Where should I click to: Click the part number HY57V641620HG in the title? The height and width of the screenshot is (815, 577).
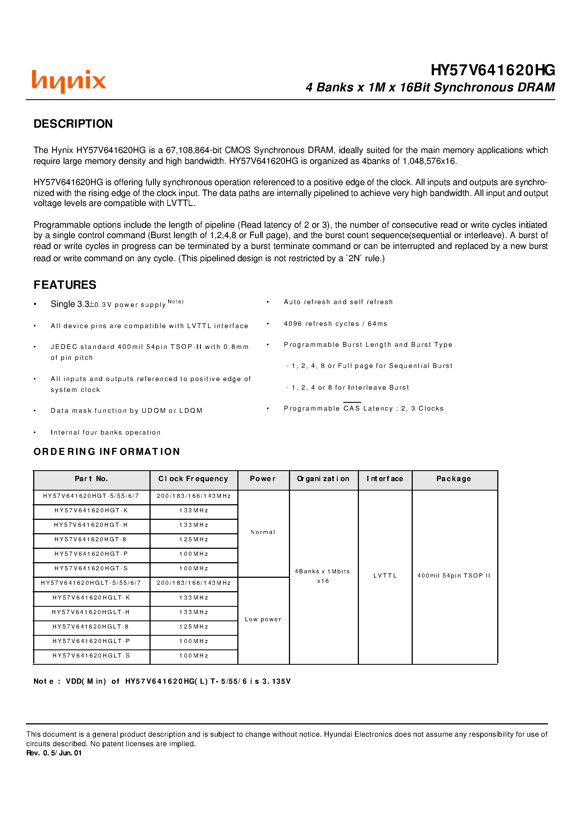(x=492, y=70)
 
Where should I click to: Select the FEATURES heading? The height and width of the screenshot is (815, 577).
(x=65, y=285)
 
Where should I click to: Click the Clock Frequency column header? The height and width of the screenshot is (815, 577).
(x=193, y=479)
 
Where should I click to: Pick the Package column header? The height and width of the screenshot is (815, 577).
(x=454, y=479)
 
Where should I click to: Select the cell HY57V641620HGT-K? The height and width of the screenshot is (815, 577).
(x=91, y=510)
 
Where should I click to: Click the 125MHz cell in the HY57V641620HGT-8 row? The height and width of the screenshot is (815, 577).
(x=194, y=539)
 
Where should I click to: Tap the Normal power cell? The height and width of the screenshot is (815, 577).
(x=263, y=532)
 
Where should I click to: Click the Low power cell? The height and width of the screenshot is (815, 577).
(x=263, y=619)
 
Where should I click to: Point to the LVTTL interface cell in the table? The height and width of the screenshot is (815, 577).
(x=385, y=576)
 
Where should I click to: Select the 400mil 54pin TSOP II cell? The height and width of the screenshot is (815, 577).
(x=454, y=576)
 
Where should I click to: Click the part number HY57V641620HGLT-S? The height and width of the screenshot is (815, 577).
(x=91, y=656)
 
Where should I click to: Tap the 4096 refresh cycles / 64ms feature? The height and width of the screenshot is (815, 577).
(x=335, y=324)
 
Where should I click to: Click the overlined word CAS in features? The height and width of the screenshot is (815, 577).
(x=352, y=408)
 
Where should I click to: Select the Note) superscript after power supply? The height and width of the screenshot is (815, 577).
(x=175, y=302)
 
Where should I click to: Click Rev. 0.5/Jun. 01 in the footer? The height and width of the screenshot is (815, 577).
(x=54, y=753)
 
